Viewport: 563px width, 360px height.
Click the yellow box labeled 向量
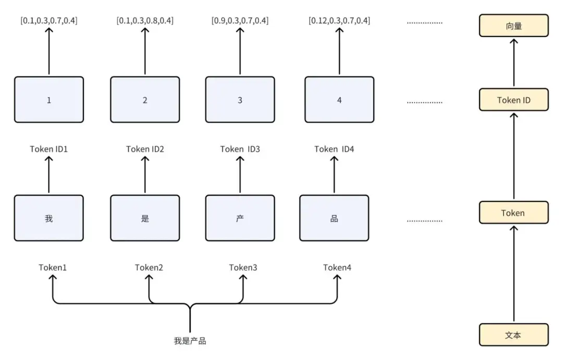(x=513, y=26)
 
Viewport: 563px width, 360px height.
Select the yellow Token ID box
(x=513, y=100)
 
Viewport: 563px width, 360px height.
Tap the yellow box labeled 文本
(x=513, y=335)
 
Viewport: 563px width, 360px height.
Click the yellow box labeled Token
(x=513, y=213)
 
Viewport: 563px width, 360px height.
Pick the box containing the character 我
(x=49, y=218)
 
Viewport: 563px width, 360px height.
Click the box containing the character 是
(x=145, y=218)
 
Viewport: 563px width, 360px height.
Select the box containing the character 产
(x=240, y=218)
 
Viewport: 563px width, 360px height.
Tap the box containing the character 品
(x=334, y=218)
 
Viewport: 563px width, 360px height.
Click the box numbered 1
(x=49, y=100)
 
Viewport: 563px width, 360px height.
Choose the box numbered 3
(x=240, y=100)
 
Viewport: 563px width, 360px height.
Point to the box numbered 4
(x=339, y=100)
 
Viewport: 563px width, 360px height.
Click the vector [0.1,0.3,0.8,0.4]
(x=145, y=21)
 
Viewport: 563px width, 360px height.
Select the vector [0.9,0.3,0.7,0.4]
(x=240, y=21)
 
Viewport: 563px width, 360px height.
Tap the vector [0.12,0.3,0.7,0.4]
(x=339, y=21)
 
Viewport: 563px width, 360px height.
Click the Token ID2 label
(x=145, y=149)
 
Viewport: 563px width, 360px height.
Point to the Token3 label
(x=243, y=268)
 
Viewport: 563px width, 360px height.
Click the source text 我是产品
(x=190, y=341)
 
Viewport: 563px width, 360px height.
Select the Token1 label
(x=53, y=268)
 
